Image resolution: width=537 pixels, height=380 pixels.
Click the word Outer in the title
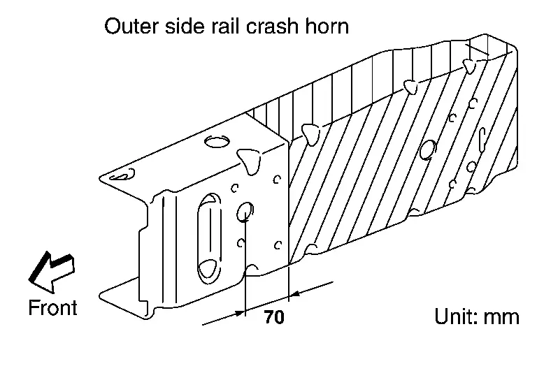[131, 26]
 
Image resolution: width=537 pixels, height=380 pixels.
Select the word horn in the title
[327, 26]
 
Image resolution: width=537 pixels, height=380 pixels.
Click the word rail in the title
[224, 26]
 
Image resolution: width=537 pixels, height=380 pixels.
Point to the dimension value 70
[274, 316]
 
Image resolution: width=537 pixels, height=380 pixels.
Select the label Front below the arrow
[52, 307]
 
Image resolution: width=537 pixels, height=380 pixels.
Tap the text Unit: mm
[477, 316]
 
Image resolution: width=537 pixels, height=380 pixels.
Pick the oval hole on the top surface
[217, 141]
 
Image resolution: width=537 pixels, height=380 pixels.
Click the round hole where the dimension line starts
[245, 212]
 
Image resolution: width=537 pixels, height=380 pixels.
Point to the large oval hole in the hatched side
[427, 149]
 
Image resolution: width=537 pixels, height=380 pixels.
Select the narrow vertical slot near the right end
[482, 140]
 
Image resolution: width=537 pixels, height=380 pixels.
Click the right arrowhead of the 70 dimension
[294, 294]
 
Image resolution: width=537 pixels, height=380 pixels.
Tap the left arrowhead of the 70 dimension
[238, 313]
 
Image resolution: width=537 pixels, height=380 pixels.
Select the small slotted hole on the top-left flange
[122, 175]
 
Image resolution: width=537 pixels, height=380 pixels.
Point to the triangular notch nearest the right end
[470, 66]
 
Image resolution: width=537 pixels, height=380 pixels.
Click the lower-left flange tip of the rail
[101, 295]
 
